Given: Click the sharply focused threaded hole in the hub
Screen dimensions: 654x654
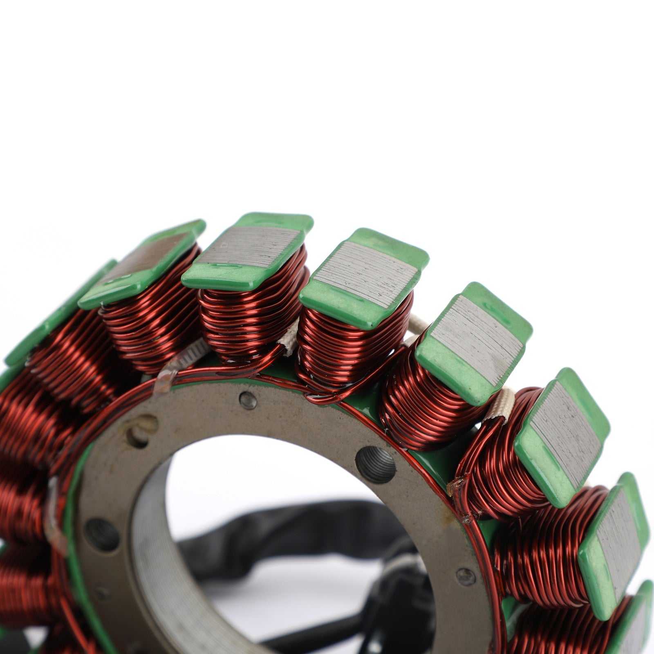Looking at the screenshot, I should pos(375,464).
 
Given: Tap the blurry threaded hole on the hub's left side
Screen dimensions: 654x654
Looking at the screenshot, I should pos(102,534).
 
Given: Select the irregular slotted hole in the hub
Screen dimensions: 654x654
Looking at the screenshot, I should pos(141,431).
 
